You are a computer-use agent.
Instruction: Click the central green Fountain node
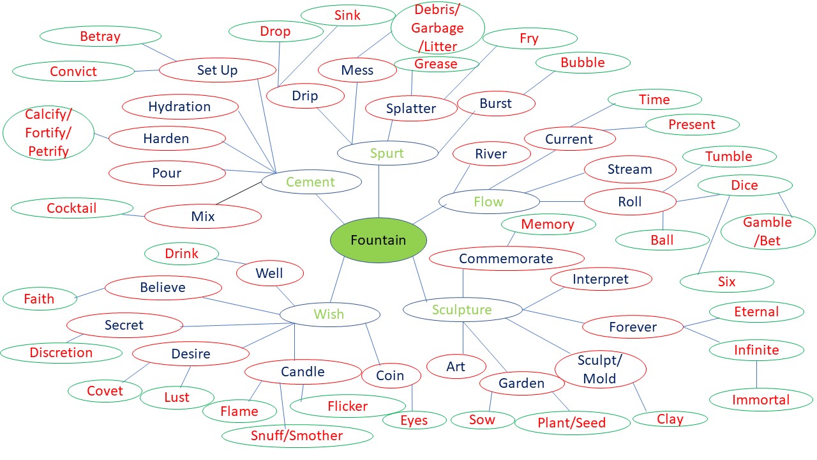pos(378,240)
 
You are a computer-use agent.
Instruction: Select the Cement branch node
pos(311,182)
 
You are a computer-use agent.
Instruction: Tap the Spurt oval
pos(387,153)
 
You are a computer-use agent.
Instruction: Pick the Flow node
pos(489,202)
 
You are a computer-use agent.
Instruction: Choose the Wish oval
pos(329,314)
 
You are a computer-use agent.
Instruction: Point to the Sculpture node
pos(462,310)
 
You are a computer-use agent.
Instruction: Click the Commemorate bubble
pos(506,259)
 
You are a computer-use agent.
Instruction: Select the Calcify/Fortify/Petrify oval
pos(49,134)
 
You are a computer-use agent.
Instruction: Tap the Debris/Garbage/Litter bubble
pos(437,28)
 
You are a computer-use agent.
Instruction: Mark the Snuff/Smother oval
pos(297,436)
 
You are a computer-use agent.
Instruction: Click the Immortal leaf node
pos(761,400)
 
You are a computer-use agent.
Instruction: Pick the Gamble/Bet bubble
pos(767,231)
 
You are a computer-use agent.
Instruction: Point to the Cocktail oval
pos(71,208)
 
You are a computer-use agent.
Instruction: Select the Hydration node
pos(179,107)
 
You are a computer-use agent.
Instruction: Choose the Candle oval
pos(303,372)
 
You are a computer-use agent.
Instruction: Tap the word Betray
pos(100,36)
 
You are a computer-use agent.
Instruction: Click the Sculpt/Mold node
pos(600,369)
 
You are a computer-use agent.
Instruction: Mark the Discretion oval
pos(61,352)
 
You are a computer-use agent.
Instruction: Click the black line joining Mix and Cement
pos(237,194)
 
